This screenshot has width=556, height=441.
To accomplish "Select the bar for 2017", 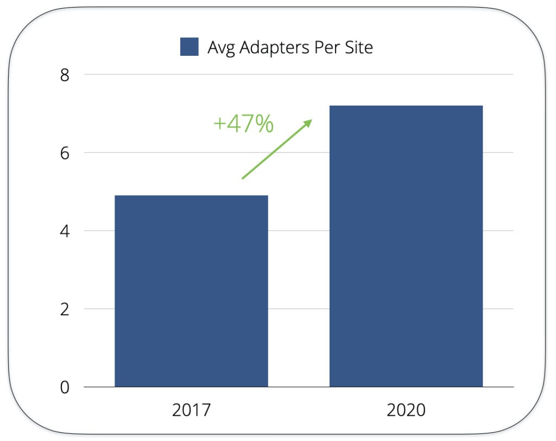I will [191, 291].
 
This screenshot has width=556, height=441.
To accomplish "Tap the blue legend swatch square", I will [189, 47].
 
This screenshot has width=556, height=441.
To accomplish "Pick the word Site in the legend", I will [357, 47].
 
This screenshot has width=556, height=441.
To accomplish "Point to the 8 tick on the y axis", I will [65, 75].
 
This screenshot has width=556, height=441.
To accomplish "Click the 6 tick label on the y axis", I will [65, 153].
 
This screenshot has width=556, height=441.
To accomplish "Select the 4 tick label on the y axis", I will [65, 231].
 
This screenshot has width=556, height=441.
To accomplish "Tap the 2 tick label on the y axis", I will [65, 309].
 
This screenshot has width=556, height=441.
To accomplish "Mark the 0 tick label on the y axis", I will [65, 387].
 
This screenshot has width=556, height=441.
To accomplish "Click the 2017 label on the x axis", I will [191, 410].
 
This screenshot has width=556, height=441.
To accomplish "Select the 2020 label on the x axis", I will [406, 410].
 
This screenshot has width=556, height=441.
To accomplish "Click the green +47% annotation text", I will [243, 124].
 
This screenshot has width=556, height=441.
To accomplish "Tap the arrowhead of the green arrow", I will [309, 122].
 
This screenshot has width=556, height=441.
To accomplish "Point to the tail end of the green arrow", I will [243, 178].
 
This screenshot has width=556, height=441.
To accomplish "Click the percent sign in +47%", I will [264, 124].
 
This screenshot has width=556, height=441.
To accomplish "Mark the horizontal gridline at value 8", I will [299, 74].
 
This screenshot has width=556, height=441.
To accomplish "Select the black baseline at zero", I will [299, 387].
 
